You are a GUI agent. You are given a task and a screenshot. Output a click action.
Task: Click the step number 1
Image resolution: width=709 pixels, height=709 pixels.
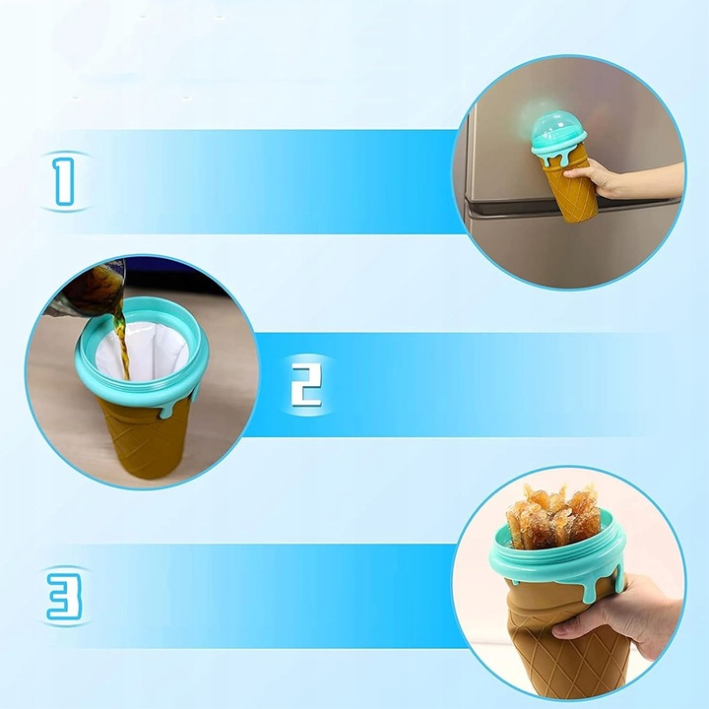(64, 179)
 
